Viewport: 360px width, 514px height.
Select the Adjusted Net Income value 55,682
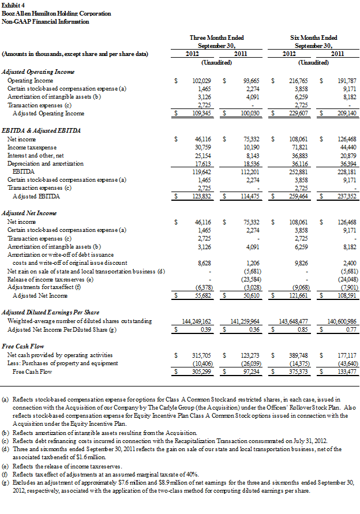click(202, 295)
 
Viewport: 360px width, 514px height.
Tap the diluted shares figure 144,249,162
click(194, 320)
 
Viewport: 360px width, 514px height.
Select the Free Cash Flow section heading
click(21, 346)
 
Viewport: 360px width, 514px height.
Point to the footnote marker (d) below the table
click(6, 448)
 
